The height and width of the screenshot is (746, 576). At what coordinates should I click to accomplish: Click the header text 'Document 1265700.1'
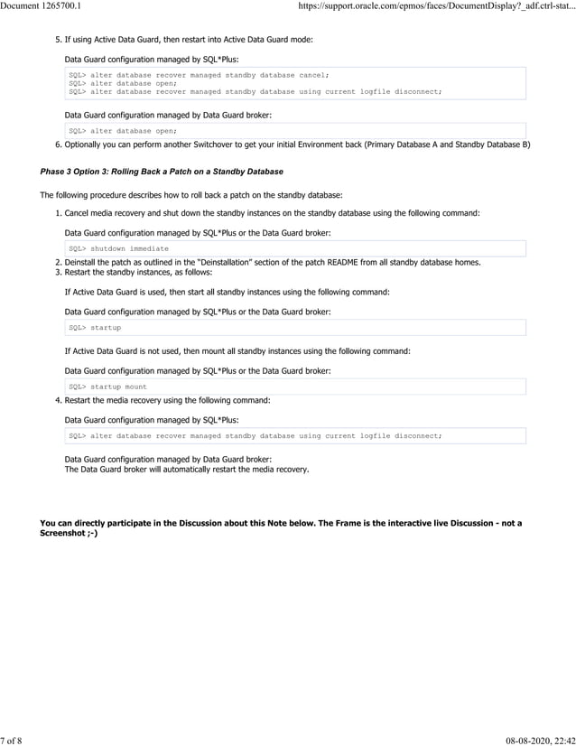[x=41, y=6]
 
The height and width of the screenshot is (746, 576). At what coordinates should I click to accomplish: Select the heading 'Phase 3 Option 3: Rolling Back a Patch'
[x=162, y=172]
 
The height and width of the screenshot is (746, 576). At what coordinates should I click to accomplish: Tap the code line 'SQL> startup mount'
[x=107, y=387]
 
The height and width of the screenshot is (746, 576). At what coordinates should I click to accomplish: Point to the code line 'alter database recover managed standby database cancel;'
[x=199, y=75]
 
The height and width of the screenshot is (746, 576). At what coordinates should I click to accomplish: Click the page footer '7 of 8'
[x=11, y=740]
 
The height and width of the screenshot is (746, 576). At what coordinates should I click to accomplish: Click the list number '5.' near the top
[x=58, y=40]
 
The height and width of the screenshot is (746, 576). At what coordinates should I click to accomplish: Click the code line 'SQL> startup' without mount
[x=95, y=327]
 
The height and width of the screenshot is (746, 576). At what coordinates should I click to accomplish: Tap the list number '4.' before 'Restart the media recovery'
[x=58, y=400]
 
